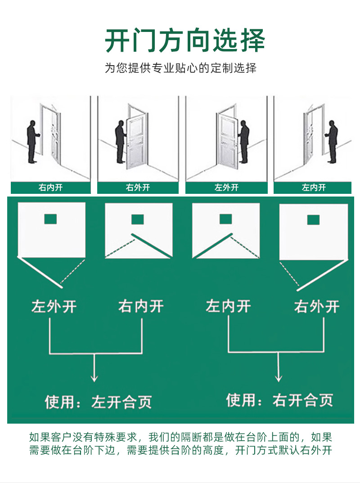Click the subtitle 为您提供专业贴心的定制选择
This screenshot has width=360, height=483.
coord(180,69)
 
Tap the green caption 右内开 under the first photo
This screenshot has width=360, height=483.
coord(50,188)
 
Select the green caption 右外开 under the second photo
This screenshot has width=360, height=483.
coord(138,188)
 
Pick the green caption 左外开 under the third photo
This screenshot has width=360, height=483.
coord(226,188)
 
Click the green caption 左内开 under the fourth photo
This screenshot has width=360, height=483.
coord(314,188)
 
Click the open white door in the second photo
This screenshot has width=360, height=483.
coord(135,142)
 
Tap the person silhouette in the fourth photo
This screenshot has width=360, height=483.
coord(332,142)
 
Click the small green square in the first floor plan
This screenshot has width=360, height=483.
coord(51,219)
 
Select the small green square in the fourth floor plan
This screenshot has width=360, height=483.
coord(313,219)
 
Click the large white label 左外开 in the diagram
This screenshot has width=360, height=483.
coord(54,307)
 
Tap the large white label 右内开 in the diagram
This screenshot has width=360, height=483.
coord(141,307)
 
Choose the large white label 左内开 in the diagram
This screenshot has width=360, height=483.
coord(228,307)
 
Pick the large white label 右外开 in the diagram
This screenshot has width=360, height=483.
coord(317,307)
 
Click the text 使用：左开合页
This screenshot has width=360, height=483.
coord(98,402)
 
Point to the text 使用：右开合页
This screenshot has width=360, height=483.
coord(279,399)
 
